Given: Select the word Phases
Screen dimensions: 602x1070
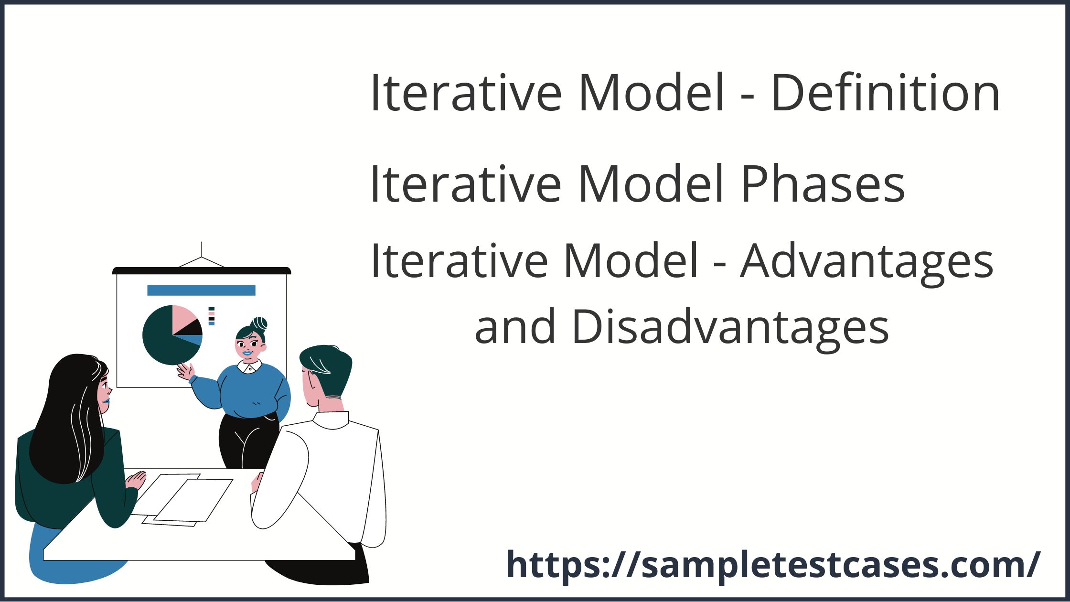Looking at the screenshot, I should click(822, 184).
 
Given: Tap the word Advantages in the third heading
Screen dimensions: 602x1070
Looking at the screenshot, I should click(867, 261).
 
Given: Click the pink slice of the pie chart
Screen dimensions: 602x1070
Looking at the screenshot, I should click(184, 317).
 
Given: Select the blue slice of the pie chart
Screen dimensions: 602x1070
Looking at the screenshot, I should click(196, 340).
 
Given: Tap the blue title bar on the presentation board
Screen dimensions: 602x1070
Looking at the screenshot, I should click(201, 290).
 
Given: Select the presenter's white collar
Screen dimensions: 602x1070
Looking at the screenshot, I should click(249, 366).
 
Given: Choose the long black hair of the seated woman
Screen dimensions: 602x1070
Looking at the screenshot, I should click(72, 416).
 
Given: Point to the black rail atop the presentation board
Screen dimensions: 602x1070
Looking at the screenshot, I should click(201, 271).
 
